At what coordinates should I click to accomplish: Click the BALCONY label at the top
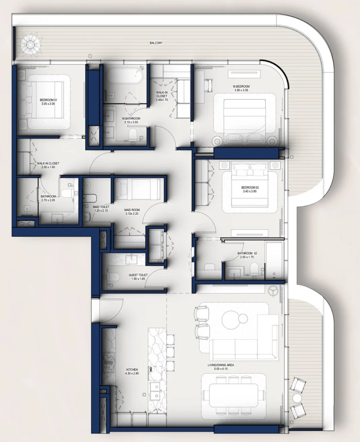coord(156,43)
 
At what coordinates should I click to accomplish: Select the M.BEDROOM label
coord(242,86)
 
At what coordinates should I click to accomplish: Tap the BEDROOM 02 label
coord(249,187)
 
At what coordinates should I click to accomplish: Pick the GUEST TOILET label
coord(138,275)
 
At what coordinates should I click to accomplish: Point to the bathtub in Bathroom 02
coord(274,260)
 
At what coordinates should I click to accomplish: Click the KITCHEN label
coord(132,370)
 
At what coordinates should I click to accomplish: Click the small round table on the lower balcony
coord(297,397)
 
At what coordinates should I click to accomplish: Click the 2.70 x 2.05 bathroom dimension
coord(48,200)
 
